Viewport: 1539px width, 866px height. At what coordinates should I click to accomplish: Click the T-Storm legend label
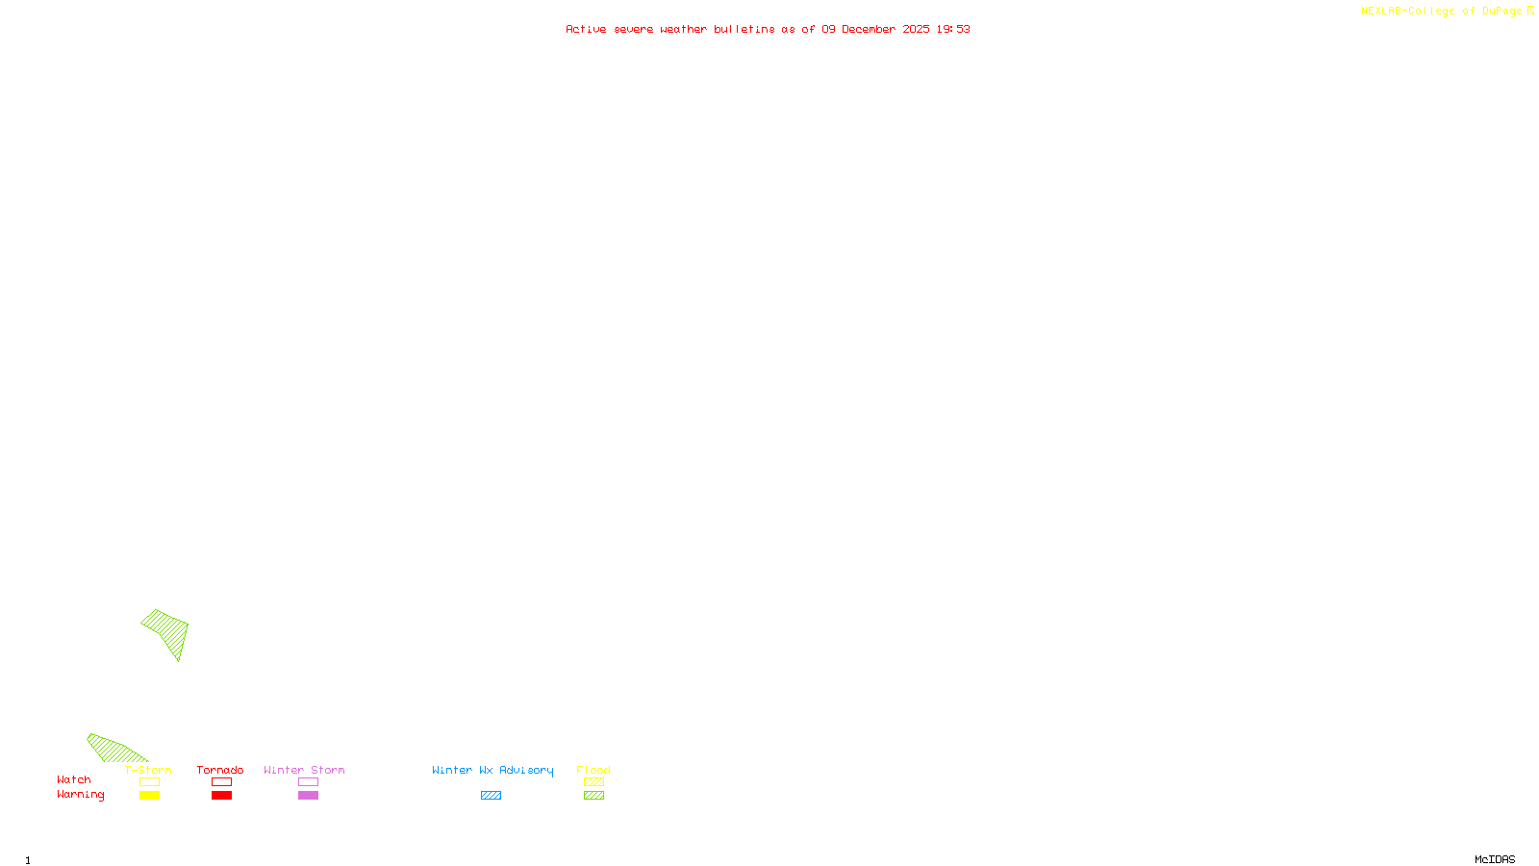[148, 770]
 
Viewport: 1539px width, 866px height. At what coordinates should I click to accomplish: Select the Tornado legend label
[220, 770]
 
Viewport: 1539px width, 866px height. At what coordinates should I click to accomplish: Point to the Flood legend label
[593, 770]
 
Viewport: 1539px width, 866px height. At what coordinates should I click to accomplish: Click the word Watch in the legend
[74, 779]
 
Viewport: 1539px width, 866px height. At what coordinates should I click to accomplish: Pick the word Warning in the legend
[80, 795]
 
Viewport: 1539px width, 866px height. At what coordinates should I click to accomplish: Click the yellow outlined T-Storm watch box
[149, 782]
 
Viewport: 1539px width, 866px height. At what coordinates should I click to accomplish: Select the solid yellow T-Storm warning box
[149, 796]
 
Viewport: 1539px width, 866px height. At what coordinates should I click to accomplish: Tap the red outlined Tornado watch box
[221, 782]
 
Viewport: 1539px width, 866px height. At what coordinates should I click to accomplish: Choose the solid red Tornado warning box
[221, 796]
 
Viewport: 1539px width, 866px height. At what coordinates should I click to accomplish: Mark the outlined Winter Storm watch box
[308, 782]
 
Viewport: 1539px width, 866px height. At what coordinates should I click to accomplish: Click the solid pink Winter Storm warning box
[308, 796]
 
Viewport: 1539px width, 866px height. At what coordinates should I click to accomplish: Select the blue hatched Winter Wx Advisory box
[491, 796]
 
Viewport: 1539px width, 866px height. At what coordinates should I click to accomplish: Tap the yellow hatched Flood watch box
[593, 782]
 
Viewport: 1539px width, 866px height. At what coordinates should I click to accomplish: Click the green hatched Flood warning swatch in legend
[593, 796]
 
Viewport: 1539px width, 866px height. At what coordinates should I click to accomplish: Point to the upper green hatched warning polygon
[168, 631]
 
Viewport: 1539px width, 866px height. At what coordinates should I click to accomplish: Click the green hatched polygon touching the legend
[114, 750]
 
